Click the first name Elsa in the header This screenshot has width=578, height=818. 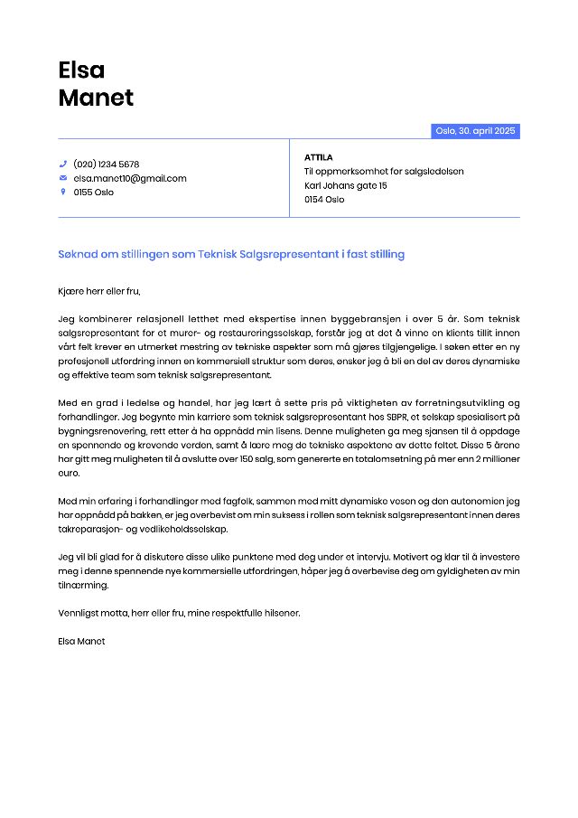click(x=81, y=70)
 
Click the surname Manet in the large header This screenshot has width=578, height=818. click(x=96, y=98)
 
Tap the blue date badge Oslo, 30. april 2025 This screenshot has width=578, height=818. click(x=475, y=131)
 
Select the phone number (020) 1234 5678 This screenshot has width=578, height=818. click(x=106, y=165)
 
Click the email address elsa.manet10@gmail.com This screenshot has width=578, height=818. click(x=130, y=178)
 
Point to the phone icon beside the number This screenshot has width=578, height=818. click(x=63, y=165)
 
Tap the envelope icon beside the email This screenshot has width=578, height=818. click(x=63, y=178)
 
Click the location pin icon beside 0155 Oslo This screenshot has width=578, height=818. click(x=63, y=192)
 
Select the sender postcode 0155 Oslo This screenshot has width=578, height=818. click(x=94, y=192)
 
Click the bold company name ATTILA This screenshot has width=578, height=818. click(x=319, y=157)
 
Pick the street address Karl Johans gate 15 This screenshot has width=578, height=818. click(x=346, y=185)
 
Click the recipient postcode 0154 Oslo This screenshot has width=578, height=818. click(x=324, y=199)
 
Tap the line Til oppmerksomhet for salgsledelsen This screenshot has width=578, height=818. click(x=384, y=171)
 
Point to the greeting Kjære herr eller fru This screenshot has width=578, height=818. click(x=99, y=291)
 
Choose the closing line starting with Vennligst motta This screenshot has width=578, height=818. click(x=179, y=613)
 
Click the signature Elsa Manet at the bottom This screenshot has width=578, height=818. click(x=81, y=641)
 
